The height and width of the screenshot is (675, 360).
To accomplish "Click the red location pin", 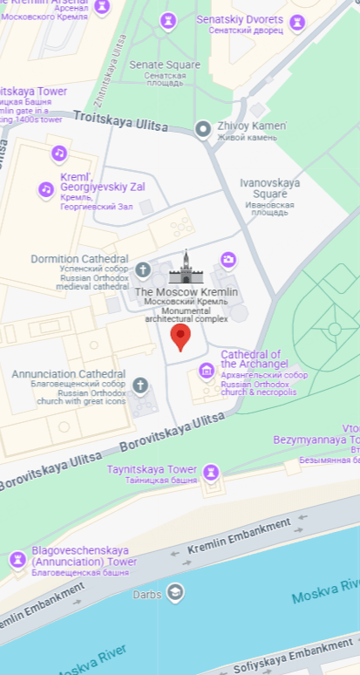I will [x=180, y=337].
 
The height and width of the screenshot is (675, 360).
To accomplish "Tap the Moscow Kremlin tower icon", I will [x=186, y=268].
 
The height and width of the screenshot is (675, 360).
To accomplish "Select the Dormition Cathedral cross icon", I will [x=142, y=269].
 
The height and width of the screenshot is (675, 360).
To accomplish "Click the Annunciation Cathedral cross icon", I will [x=139, y=385].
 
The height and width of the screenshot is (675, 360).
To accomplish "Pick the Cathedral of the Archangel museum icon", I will [x=207, y=371].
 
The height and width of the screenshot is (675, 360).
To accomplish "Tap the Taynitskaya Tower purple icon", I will [x=210, y=473].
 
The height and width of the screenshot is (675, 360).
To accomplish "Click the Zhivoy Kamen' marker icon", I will [x=203, y=130].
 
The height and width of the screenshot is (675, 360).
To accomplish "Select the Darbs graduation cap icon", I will [x=175, y=593].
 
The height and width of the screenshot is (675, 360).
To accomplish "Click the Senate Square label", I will [x=165, y=65].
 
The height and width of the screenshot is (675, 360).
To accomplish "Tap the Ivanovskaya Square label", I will [x=269, y=183].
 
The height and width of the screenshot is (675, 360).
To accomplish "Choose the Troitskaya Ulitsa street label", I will [x=120, y=121].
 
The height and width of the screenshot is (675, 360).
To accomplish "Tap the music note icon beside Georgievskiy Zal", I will [x=46, y=189].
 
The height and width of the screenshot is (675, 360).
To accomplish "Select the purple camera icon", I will [x=228, y=259].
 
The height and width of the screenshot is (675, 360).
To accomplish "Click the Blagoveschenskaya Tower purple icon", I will [x=17, y=559].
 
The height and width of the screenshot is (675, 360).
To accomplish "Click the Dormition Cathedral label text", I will [x=79, y=259].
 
